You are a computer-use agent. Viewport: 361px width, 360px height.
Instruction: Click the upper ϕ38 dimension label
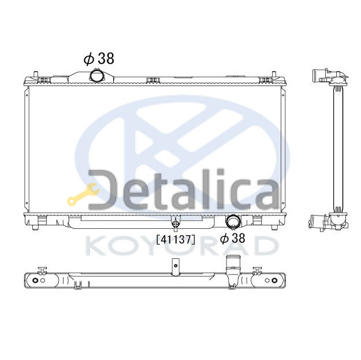pyautogui.click(x=99, y=58)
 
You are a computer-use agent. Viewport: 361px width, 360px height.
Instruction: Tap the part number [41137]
pyautogui.click(x=176, y=237)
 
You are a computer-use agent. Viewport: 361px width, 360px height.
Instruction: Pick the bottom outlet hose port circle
pyautogui.click(x=234, y=221)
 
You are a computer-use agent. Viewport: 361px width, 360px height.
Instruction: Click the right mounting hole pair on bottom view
pyautogui.click(x=270, y=280)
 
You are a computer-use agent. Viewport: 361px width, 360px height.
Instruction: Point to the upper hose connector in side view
pyautogui.click(x=323, y=76)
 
